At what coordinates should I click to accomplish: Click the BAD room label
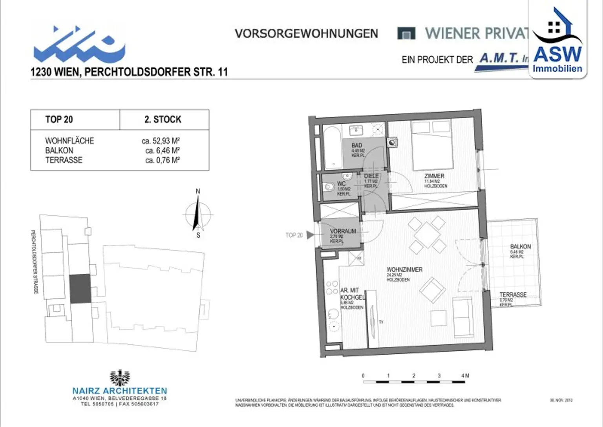pos(357,146)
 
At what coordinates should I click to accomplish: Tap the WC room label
pos(341,184)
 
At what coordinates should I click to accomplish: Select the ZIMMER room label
pos(434,176)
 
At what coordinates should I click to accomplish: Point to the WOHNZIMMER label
pos(404,270)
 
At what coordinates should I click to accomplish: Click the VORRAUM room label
pos(343,231)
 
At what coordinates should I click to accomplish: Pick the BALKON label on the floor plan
pos(520,247)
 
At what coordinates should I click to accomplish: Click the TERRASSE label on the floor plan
pos(513,295)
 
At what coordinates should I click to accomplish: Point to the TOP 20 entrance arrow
pos(310,235)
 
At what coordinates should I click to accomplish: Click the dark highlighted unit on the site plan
pos(80,289)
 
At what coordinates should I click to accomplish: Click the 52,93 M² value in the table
pos(161,141)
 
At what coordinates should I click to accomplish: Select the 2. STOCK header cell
pos(163,119)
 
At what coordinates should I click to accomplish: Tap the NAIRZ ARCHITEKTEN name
pos(120,391)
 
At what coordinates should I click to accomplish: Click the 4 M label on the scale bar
pos(465,376)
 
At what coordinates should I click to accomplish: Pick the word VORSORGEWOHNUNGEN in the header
pos(306,34)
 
